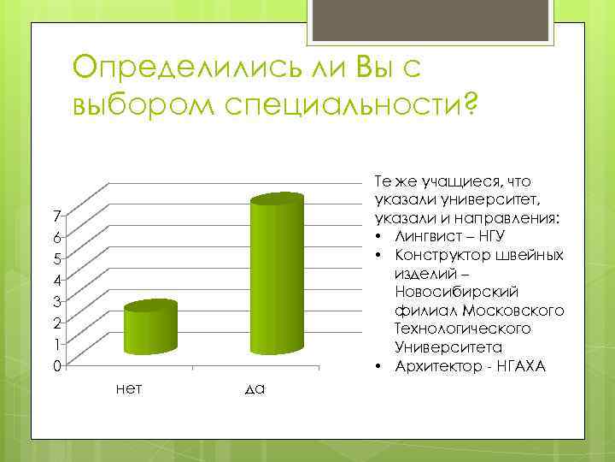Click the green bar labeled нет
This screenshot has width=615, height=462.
tap(150, 329)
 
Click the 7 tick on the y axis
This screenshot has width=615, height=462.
tap(55, 214)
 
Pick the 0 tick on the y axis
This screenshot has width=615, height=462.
tap(55, 366)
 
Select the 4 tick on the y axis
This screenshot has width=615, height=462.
tap(55, 280)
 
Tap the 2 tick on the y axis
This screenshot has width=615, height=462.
tap(55, 323)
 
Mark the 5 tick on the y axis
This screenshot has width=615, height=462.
tap(55, 258)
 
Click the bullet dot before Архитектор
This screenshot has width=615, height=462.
tap(377, 367)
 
